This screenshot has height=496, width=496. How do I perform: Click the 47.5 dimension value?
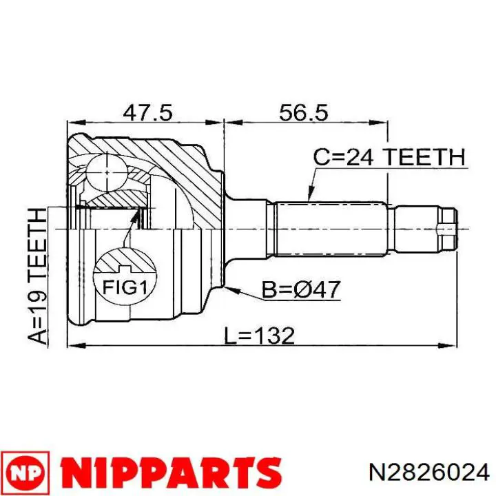147,112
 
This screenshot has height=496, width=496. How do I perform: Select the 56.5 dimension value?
304,112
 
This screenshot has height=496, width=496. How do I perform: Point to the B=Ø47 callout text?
301,289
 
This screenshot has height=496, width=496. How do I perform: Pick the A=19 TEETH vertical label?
38,276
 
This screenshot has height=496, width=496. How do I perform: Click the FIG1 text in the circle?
125,287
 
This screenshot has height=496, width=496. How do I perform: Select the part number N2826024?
429,473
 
